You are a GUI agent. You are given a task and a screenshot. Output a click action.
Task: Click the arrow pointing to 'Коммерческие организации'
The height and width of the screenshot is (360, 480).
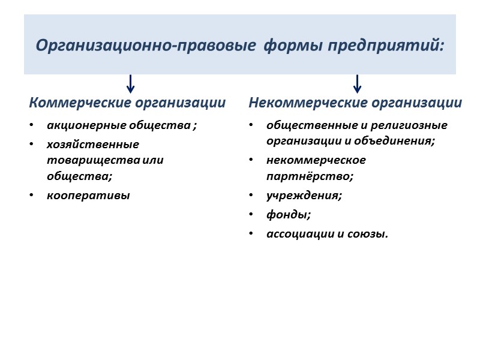tap(130, 83)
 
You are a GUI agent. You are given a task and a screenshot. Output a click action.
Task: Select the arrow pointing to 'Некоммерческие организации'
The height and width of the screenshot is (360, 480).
tap(357, 83)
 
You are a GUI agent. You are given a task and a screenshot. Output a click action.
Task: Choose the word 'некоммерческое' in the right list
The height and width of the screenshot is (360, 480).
tap(316, 160)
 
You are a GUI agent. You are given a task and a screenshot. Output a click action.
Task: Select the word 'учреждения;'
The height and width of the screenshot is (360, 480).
tap(304, 195)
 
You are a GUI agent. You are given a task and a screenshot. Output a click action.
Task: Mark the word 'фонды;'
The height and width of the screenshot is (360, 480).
tap(289, 214)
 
